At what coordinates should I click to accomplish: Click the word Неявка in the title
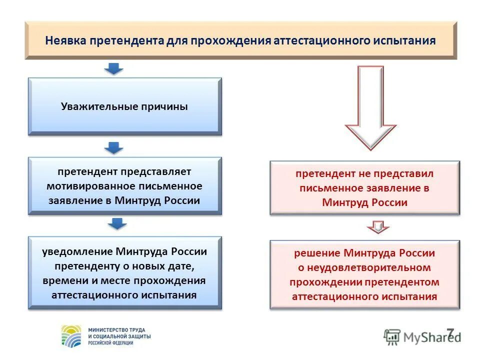(x=65, y=40)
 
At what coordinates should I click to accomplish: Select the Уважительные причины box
(x=124, y=106)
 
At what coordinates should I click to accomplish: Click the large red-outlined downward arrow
(x=370, y=107)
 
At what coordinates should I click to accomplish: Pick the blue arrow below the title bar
(x=114, y=68)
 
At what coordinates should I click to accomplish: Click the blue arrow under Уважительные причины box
(x=114, y=148)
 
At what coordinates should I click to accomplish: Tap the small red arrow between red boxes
(x=378, y=227)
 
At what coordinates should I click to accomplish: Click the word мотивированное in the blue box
(x=84, y=186)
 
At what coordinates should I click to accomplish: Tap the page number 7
(x=450, y=333)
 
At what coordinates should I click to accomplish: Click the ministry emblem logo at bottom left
(x=71, y=336)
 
